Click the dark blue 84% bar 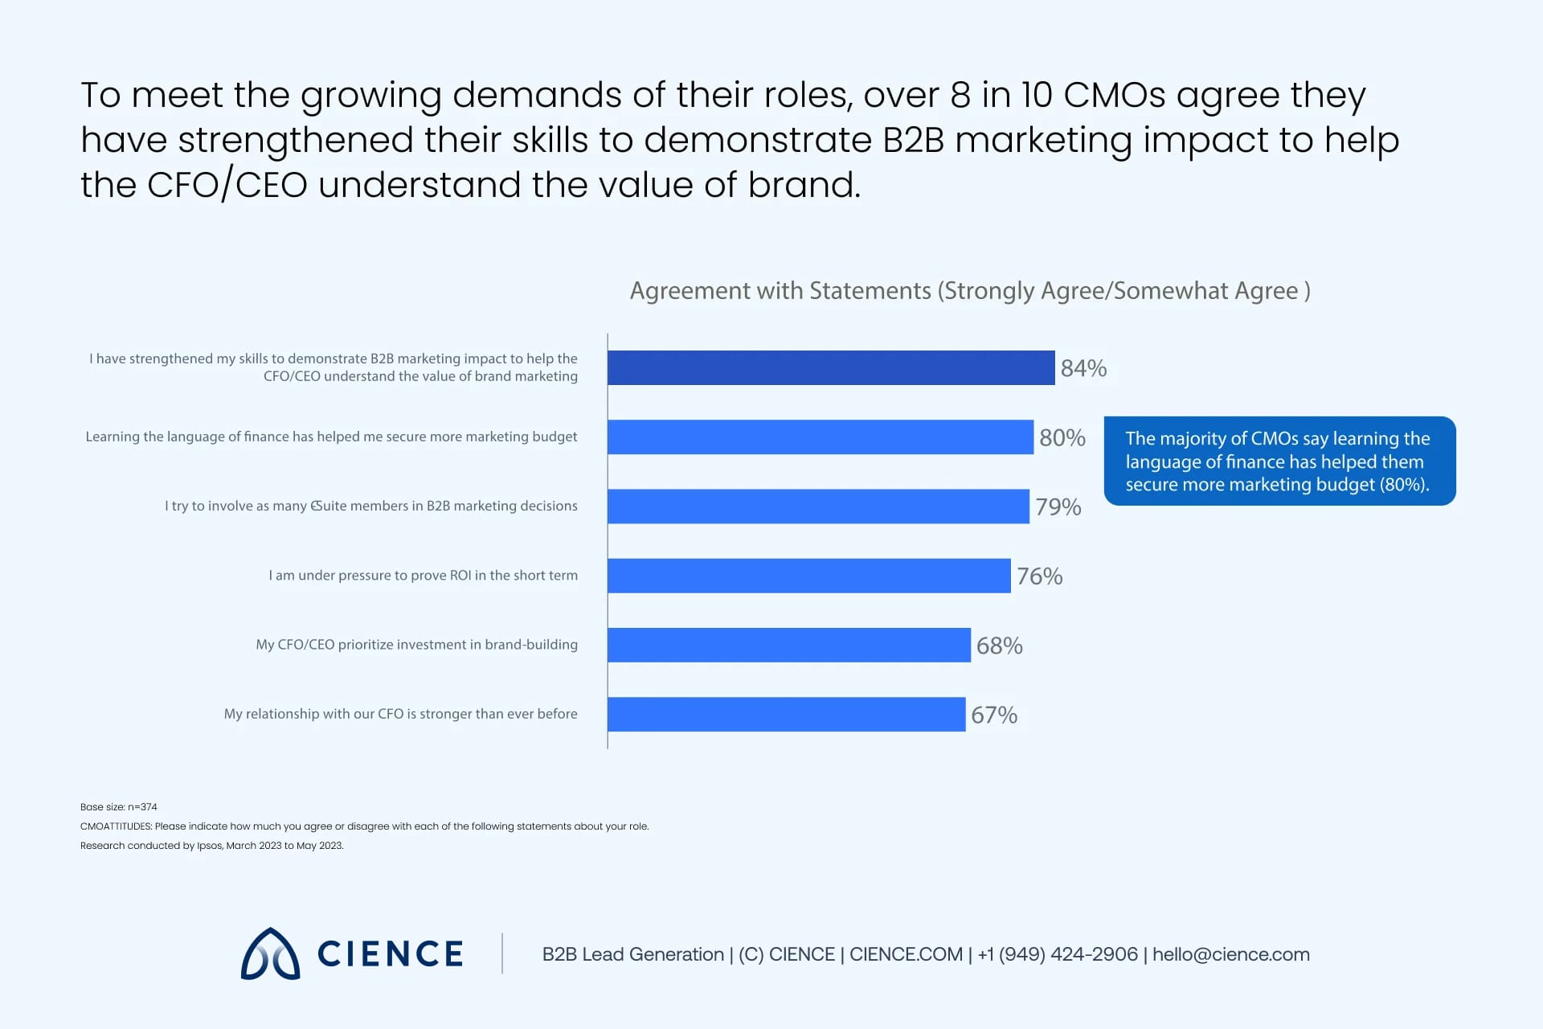pyautogui.click(x=830, y=367)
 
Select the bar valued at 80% pyautogui.click(x=820, y=437)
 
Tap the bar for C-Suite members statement pyautogui.click(x=818, y=506)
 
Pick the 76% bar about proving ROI pyautogui.click(x=808, y=576)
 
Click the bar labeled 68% pyautogui.click(x=788, y=645)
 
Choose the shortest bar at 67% pyautogui.click(x=786, y=714)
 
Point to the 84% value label pyautogui.click(x=1083, y=368)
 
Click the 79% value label pyautogui.click(x=1058, y=507)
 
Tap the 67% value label pyautogui.click(x=994, y=715)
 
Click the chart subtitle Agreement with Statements pyautogui.click(x=969, y=290)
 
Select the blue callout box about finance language pyautogui.click(x=1279, y=461)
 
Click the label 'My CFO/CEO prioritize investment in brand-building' pyautogui.click(x=416, y=645)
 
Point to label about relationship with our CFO pyautogui.click(x=400, y=714)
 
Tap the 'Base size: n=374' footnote pyautogui.click(x=119, y=806)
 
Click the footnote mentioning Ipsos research pyautogui.click(x=212, y=846)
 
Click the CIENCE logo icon pyautogui.click(x=271, y=954)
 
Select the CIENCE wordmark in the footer pyautogui.click(x=390, y=954)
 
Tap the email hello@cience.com pyautogui.click(x=1230, y=954)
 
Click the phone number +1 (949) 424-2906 pyautogui.click(x=1057, y=954)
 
